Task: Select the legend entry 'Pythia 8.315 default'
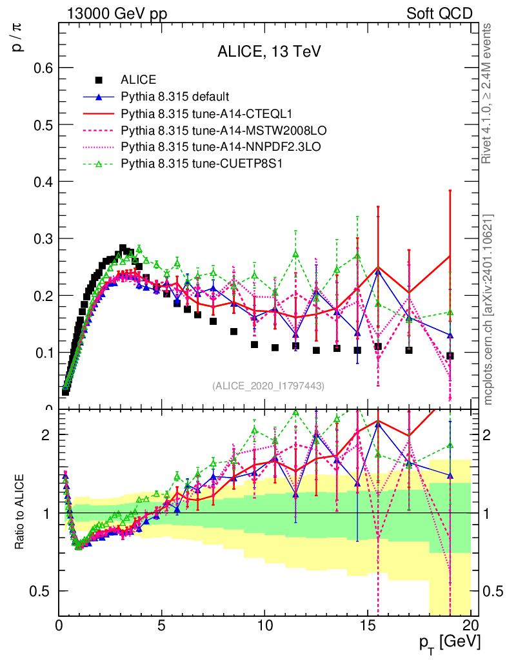click(x=175, y=97)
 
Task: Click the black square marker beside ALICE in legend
click(x=99, y=81)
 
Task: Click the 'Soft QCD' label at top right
click(x=439, y=14)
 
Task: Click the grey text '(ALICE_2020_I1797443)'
click(x=268, y=385)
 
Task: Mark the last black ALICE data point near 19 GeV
click(x=450, y=356)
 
